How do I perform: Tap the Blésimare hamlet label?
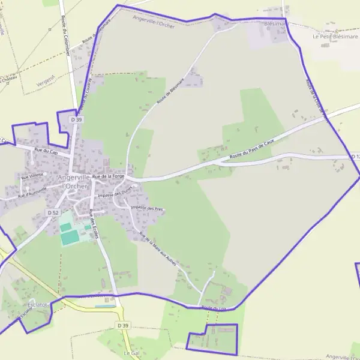click(x=276, y=24)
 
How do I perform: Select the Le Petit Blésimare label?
click(x=335, y=36)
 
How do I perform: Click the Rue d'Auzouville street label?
click(x=32, y=191)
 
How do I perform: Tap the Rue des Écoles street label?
click(x=94, y=224)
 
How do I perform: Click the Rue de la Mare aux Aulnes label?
click(x=158, y=248)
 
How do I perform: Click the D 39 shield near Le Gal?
click(x=123, y=325)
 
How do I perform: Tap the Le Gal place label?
click(x=131, y=353)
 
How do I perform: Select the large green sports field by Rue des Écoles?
click(x=70, y=238)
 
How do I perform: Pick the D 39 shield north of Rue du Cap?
click(x=76, y=120)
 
